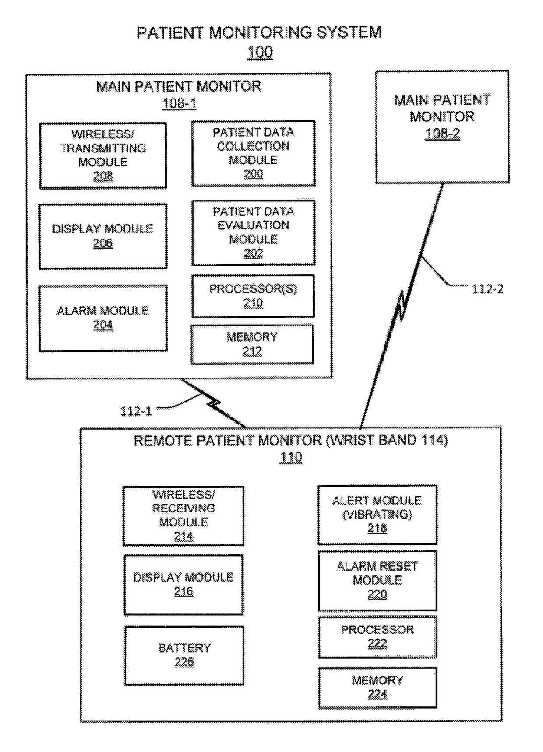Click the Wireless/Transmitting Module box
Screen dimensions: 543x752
pyautogui.click(x=103, y=155)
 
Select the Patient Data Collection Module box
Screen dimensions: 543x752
pyautogui.click(x=254, y=153)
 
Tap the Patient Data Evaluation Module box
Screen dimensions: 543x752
pyautogui.click(x=254, y=233)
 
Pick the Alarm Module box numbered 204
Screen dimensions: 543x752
pyautogui.click(x=103, y=318)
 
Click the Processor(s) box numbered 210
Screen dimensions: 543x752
pyautogui.click(x=253, y=296)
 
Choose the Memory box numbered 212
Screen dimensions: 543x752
pyautogui.click(x=252, y=344)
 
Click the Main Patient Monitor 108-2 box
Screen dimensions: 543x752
pyautogui.click(x=443, y=127)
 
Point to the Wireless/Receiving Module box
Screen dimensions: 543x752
pyautogui.click(x=183, y=515)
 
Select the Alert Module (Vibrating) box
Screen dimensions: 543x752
pyautogui.click(x=377, y=514)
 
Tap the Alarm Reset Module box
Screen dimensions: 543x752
pyautogui.click(x=377, y=580)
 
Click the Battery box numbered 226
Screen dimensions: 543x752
pyautogui.click(x=184, y=655)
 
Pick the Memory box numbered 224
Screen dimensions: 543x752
pyautogui.click(x=377, y=687)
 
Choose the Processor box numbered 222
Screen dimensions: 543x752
pyautogui.click(x=377, y=637)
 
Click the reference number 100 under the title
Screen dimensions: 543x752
pyautogui.click(x=260, y=52)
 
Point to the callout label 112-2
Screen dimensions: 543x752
pyautogui.click(x=487, y=289)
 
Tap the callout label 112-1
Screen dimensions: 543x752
pyautogui.click(x=136, y=411)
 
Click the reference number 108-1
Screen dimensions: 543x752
pyautogui.click(x=180, y=103)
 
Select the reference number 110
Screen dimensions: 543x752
pyautogui.click(x=291, y=458)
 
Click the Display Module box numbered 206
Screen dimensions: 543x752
pyautogui.click(x=103, y=236)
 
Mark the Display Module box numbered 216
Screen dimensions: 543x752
pyautogui.click(x=183, y=585)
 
